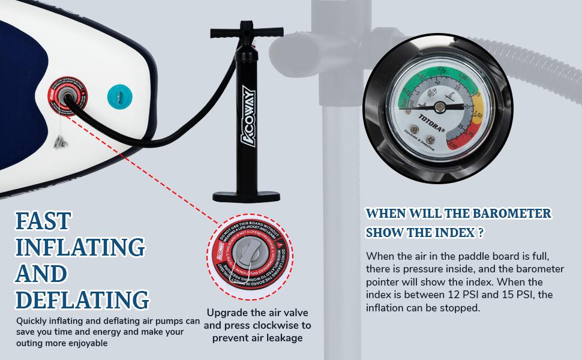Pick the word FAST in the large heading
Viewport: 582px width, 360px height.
coord(44,221)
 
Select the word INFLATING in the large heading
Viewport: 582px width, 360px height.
coord(80,247)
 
